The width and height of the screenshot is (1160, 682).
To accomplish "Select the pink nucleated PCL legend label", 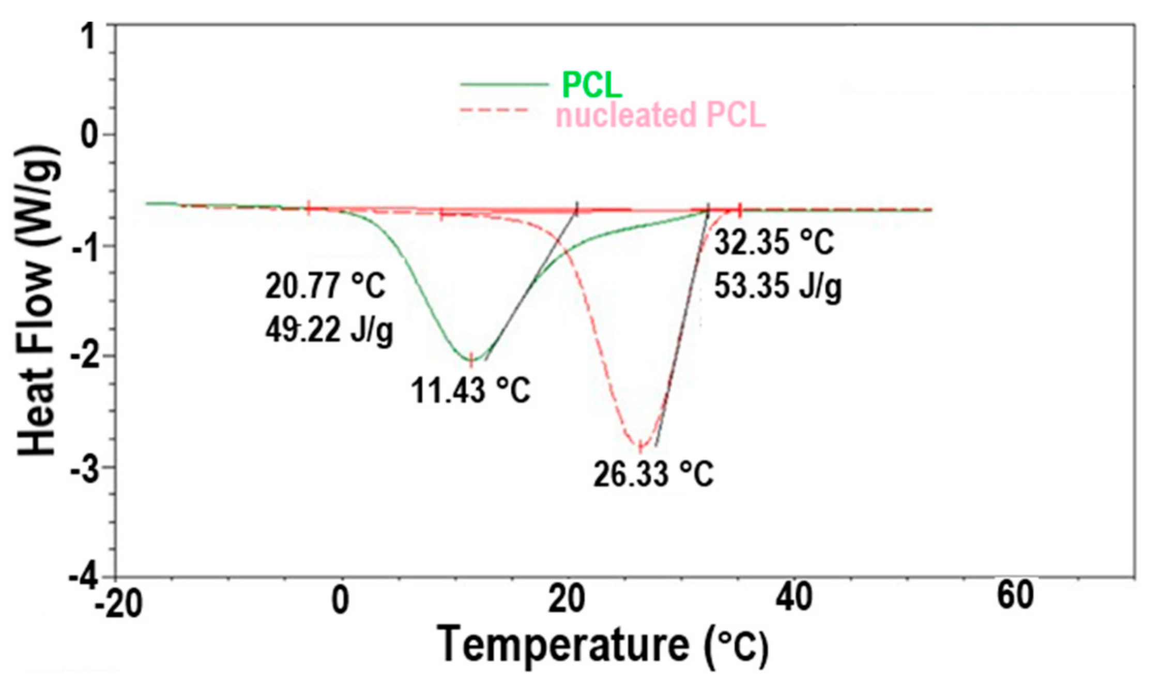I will tap(660, 115).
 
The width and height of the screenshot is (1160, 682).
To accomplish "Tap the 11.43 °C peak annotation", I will tap(470, 390).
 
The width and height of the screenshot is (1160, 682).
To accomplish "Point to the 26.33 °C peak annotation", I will tap(653, 474).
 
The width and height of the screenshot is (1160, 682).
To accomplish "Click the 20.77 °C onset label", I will tap(325, 286).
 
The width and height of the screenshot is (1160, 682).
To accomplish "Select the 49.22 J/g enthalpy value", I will tap(329, 330).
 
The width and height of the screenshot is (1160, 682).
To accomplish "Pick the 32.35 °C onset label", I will tap(774, 242).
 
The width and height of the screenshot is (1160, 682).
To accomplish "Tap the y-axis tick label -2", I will tap(85, 355).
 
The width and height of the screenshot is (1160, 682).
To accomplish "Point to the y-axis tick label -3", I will tap(85, 467).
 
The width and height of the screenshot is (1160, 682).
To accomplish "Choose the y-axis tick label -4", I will tap(85, 578).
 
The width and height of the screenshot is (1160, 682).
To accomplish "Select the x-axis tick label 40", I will tap(794, 598).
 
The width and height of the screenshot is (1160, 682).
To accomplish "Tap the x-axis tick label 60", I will tap(1015, 596).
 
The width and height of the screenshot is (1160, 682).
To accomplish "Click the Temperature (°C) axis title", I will tap(602, 646).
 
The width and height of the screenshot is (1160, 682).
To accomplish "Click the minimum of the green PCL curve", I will tap(471, 360).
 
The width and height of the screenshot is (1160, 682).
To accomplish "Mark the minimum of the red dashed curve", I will tap(640, 445).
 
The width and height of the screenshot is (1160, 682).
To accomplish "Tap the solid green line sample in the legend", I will tap(504, 84).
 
